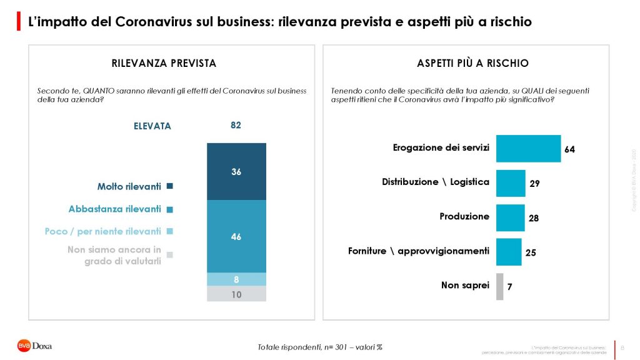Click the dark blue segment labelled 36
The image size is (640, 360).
236,171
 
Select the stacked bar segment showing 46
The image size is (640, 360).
236,236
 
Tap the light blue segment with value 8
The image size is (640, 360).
236,279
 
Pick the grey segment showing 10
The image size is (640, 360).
236,294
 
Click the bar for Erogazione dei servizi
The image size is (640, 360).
528,149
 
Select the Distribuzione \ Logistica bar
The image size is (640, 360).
510,183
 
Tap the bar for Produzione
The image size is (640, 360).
510,217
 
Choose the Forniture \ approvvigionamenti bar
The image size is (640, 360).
508,252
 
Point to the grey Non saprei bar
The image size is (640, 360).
499,286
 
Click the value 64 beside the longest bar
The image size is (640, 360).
569,150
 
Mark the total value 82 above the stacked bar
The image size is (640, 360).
236,126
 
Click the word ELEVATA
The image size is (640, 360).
152,126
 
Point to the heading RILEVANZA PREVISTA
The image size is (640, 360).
164,63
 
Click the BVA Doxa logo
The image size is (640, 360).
34,345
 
